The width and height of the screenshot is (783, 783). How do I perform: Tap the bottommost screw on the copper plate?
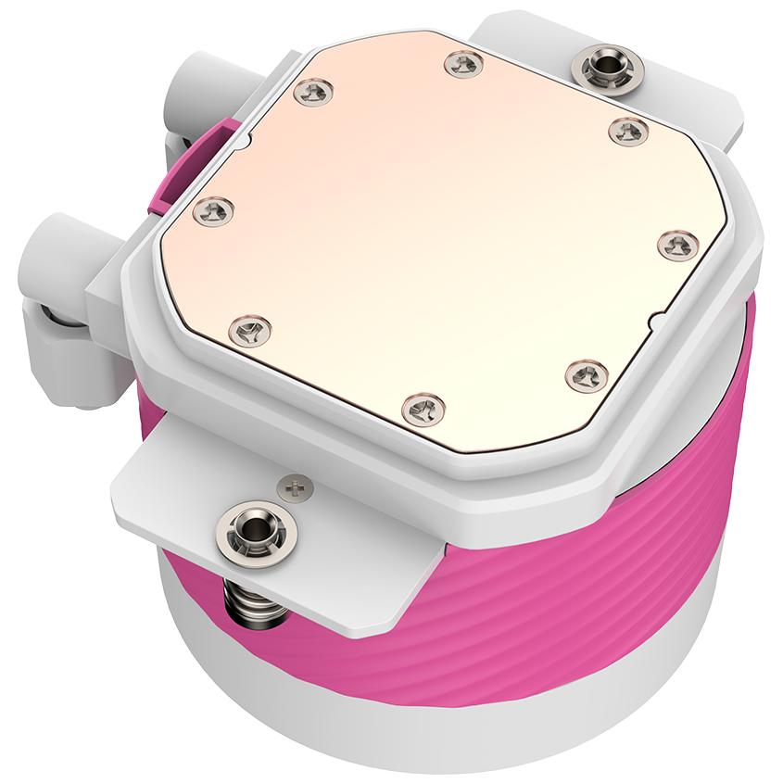424,405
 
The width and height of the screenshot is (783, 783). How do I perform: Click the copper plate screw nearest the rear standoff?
628,131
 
